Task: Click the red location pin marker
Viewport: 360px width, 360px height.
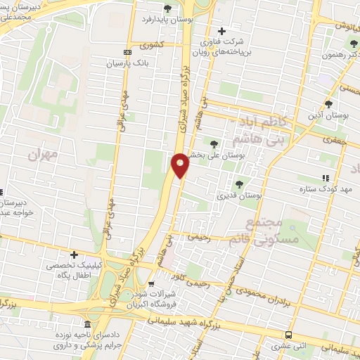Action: click(x=181, y=165)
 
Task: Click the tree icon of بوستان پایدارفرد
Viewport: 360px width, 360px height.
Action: click(x=167, y=8)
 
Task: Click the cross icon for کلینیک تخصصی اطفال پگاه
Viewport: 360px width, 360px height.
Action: click(x=74, y=254)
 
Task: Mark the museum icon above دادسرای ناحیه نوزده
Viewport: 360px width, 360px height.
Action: click(x=86, y=325)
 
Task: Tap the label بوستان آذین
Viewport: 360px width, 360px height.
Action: click(x=329, y=114)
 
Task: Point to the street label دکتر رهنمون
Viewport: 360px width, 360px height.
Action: click(x=340, y=56)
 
